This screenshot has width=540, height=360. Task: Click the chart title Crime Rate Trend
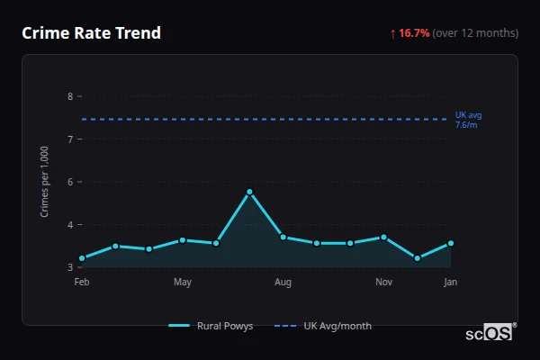click(92, 33)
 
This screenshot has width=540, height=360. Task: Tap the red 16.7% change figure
click(414, 33)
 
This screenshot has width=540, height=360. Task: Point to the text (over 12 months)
click(475, 33)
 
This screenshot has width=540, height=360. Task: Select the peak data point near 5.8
click(249, 192)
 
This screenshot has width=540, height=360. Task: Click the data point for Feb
click(82, 258)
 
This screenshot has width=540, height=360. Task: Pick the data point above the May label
click(183, 240)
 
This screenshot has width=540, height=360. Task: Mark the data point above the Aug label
click(283, 238)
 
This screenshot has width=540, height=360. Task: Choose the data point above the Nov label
click(383, 238)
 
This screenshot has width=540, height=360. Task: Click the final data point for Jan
click(451, 243)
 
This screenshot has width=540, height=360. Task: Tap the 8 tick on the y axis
click(70, 96)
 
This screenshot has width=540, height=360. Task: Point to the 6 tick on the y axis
click(70, 182)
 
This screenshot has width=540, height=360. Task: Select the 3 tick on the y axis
click(70, 267)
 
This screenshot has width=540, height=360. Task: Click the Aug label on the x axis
click(283, 283)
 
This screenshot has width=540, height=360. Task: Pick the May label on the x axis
click(183, 283)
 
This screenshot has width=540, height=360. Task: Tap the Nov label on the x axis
click(383, 283)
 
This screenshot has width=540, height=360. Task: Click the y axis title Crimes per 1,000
click(45, 181)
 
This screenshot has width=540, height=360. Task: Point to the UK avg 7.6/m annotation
click(469, 120)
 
